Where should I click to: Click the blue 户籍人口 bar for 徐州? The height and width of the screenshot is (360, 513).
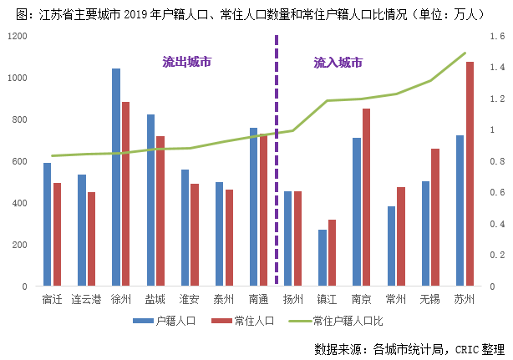(116, 177)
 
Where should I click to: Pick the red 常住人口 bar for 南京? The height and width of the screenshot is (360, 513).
(366, 197)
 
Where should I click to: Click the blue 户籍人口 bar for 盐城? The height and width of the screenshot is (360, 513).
(150, 200)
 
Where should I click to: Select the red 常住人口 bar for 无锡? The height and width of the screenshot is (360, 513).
(435, 217)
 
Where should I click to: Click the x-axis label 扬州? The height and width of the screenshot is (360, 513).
(292, 299)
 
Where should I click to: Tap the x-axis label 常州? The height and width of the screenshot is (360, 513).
(396, 299)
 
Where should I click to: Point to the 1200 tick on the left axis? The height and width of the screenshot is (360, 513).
(17, 37)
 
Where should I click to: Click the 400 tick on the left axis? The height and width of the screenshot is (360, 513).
(19, 203)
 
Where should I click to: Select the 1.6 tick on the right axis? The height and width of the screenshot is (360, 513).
(496, 37)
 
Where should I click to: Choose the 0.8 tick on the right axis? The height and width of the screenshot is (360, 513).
(496, 161)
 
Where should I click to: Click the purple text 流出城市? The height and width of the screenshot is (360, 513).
(186, 62)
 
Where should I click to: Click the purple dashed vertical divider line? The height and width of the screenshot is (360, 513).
(276, 167)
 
